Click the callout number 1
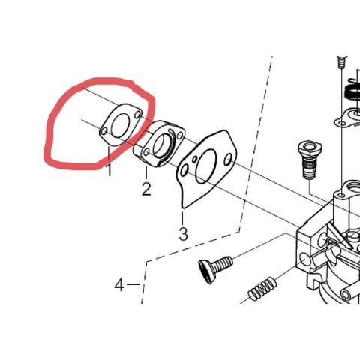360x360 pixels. tap(109, 170)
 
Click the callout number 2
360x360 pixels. tap(146, 189)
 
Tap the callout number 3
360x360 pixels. tap(183, 234)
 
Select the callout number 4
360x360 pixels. tap(119, 285)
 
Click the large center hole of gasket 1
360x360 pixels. tap(120, 126)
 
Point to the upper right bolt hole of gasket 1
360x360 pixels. tap(137, 115)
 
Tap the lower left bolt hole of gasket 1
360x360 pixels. tap(103, 131)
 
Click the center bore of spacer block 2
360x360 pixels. tap(162, 145)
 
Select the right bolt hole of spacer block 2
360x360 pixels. tap(179, 136)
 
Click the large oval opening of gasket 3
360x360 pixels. tap(206, 166)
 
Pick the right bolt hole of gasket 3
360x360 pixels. tap(228, 160)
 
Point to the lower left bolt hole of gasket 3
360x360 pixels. tap(184, 171)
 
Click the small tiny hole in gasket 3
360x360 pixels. tap(194, 158)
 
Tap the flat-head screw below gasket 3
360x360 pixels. tap(215, 268)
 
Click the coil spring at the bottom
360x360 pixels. tap(262, 289)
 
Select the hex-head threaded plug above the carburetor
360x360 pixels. tap(310, 159)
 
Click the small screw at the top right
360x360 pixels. tap(342, 62)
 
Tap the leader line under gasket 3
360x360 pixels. tap(183, 218)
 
